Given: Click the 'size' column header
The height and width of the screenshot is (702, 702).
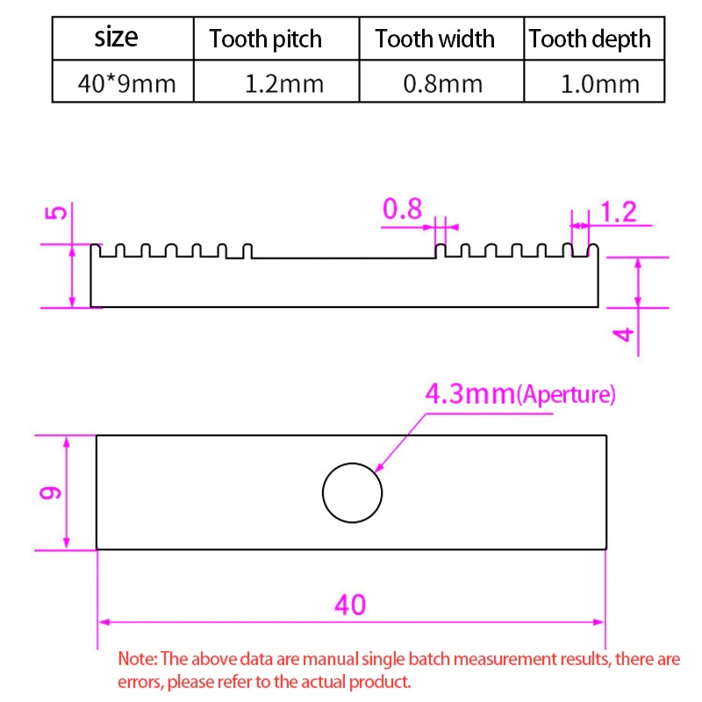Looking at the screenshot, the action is click(116, 37).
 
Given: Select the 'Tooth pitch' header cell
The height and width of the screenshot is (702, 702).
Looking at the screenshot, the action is click(266, 39).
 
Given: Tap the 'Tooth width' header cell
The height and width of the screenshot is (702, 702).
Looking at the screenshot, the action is click(434, 39).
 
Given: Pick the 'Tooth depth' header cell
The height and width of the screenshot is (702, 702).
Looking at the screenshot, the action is click(590, 39).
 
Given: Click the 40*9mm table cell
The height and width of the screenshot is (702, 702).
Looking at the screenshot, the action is click(126, 83).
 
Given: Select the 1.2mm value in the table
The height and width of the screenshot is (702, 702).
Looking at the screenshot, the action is click(284, 83).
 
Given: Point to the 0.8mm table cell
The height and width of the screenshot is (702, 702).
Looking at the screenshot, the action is click(443, 83).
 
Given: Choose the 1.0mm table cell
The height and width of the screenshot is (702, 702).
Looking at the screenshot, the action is click(600, 83).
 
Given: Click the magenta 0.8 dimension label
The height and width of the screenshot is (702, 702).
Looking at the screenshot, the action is click(402, 209).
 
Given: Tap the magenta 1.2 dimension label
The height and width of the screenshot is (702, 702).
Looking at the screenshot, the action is click(619, 211).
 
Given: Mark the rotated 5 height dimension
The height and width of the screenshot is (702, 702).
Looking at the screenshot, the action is click(56, 212).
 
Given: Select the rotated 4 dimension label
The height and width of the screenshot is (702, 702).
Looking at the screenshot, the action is click(623, 334).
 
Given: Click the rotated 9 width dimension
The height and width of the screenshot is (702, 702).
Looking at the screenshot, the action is click(50, 492).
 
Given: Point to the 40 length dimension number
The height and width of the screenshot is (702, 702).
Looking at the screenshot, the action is click(350, 605).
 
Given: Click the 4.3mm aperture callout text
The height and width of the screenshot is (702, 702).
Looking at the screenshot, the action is click(520, 394).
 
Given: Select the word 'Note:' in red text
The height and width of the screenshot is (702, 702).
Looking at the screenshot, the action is click(138, 659).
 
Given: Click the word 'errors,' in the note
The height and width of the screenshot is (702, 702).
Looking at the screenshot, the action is click(140, 682).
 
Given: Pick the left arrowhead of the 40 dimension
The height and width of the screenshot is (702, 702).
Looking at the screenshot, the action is click(104, 622).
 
